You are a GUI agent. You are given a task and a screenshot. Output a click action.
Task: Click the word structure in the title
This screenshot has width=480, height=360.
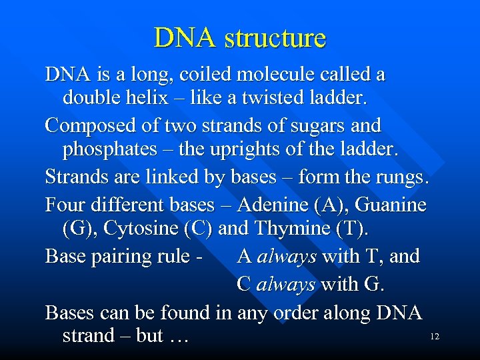(x=275, y=38)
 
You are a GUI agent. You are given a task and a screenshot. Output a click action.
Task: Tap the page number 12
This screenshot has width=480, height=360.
(x=435, y=337)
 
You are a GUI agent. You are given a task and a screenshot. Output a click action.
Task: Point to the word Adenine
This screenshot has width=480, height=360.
(x=272, y=204)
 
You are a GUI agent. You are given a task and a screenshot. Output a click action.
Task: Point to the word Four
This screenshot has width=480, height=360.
(x=64, y=204)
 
